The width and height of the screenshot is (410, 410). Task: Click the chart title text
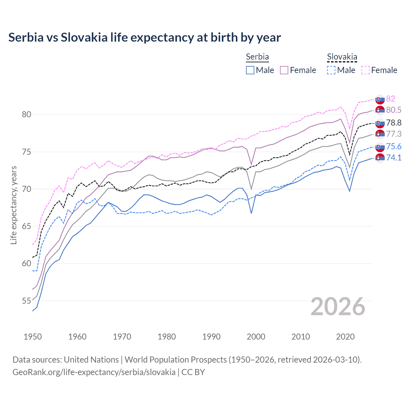144,37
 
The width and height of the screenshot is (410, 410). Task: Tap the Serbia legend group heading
257,57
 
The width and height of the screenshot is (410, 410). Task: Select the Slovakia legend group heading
342,57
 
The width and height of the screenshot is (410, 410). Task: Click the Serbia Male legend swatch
250,70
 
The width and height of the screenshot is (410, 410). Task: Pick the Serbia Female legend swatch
284,70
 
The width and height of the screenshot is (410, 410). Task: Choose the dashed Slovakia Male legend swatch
331,70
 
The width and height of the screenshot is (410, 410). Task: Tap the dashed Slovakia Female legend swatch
365,70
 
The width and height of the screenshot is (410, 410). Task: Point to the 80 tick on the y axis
26,114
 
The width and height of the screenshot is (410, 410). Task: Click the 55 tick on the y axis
26,301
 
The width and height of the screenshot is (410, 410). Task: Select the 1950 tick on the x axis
33,337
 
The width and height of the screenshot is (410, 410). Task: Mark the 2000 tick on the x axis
256,337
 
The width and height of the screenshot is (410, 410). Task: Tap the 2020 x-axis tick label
345,337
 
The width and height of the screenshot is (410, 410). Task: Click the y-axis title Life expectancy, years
13,205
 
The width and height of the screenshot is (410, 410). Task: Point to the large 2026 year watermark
338,307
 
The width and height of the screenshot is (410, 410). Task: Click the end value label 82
390,99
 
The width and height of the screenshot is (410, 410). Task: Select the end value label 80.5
394,110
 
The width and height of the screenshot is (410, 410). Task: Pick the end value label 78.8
394,123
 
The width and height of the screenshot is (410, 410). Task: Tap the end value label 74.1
394,158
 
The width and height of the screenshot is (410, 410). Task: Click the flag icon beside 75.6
380,147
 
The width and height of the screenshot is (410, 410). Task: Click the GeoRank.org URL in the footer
94,372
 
